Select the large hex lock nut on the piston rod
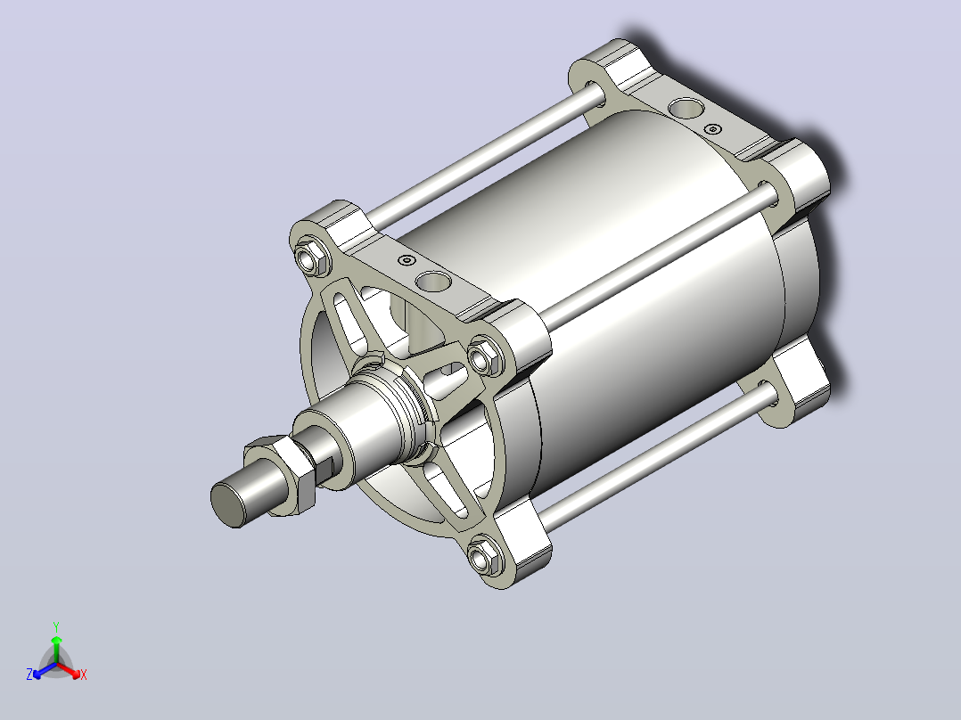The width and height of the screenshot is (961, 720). [x=281, y=475]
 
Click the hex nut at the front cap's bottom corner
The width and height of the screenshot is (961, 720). [x=485, y=556]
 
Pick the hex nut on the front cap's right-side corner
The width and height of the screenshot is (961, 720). [x=485, y=356]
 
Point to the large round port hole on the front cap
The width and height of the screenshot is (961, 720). [x=432, y=282]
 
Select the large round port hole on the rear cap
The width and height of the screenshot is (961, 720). [x=686, y=109]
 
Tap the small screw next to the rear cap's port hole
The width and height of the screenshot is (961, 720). [x=712, y=129]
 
